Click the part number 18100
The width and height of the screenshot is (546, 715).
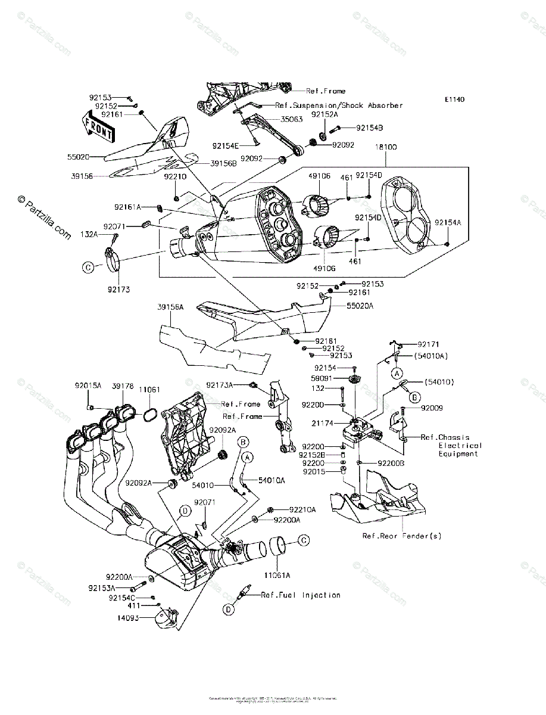pyautogui.click(x=385, y=146)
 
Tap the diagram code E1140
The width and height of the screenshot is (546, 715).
pyautogui.click(x=453, y=100)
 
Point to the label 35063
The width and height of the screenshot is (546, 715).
pyautogui.click(x=291, y=119)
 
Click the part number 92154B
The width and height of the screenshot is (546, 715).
pyautogui.click(x=369, y=128)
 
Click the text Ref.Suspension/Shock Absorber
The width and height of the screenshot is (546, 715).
pyautogui.click(x=339, y=105)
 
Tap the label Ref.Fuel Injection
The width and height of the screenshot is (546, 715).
pyautogui.click(x=301, y=595)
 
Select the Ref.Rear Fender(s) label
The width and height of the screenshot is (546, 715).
pyautogui.click(x=402, y=536)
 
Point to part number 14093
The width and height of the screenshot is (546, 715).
pyautogui.click(x=127, y=618)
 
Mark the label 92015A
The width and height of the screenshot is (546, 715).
pyautogui.click(x=88, y=386)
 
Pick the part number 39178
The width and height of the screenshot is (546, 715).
pyautogui.click(x=122, y=386)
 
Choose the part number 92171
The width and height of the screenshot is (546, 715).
pyautogui.click(x=428, y=344)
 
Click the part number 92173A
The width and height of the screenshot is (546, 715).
pyautogui.click(x=220, y=385)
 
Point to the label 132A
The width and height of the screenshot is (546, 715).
pyautogui.click(x=89, y=235)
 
